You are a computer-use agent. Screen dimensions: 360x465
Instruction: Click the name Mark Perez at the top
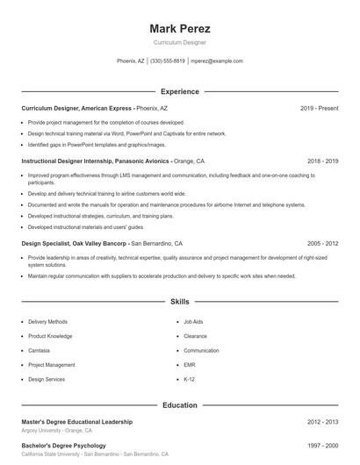[180, 28]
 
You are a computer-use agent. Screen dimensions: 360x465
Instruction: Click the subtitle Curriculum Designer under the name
[180, 42]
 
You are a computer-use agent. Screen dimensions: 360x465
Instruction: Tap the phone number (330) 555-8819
[168, 61]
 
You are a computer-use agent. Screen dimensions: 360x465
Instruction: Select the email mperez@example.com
[216, 61]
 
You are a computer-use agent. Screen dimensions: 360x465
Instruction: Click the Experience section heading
[180, 91]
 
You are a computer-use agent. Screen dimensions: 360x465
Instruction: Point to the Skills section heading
[180, 301]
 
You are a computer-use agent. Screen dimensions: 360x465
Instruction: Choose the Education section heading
[180, 405]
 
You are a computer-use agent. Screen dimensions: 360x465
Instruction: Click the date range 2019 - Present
[319, 109]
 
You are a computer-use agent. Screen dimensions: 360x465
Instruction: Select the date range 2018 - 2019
[322, 161]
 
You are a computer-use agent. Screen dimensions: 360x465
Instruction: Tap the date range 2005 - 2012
[322, 243]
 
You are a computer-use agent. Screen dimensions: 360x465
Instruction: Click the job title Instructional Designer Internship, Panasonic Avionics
[97, 161]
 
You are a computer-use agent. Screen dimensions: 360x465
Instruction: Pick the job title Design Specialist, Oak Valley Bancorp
[76, 243]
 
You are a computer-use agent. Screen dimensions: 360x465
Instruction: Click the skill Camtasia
[40, 350]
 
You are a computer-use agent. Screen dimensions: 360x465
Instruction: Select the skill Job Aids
[193, 322]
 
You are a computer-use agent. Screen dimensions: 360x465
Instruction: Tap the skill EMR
[189, 364]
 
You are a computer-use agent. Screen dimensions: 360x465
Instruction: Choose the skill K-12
[189, 379]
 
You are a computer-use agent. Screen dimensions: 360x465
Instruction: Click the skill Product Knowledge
[50, 336]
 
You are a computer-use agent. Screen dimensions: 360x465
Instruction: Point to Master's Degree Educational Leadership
[77, 422]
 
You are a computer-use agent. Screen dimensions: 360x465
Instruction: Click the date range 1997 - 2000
[322, 446]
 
